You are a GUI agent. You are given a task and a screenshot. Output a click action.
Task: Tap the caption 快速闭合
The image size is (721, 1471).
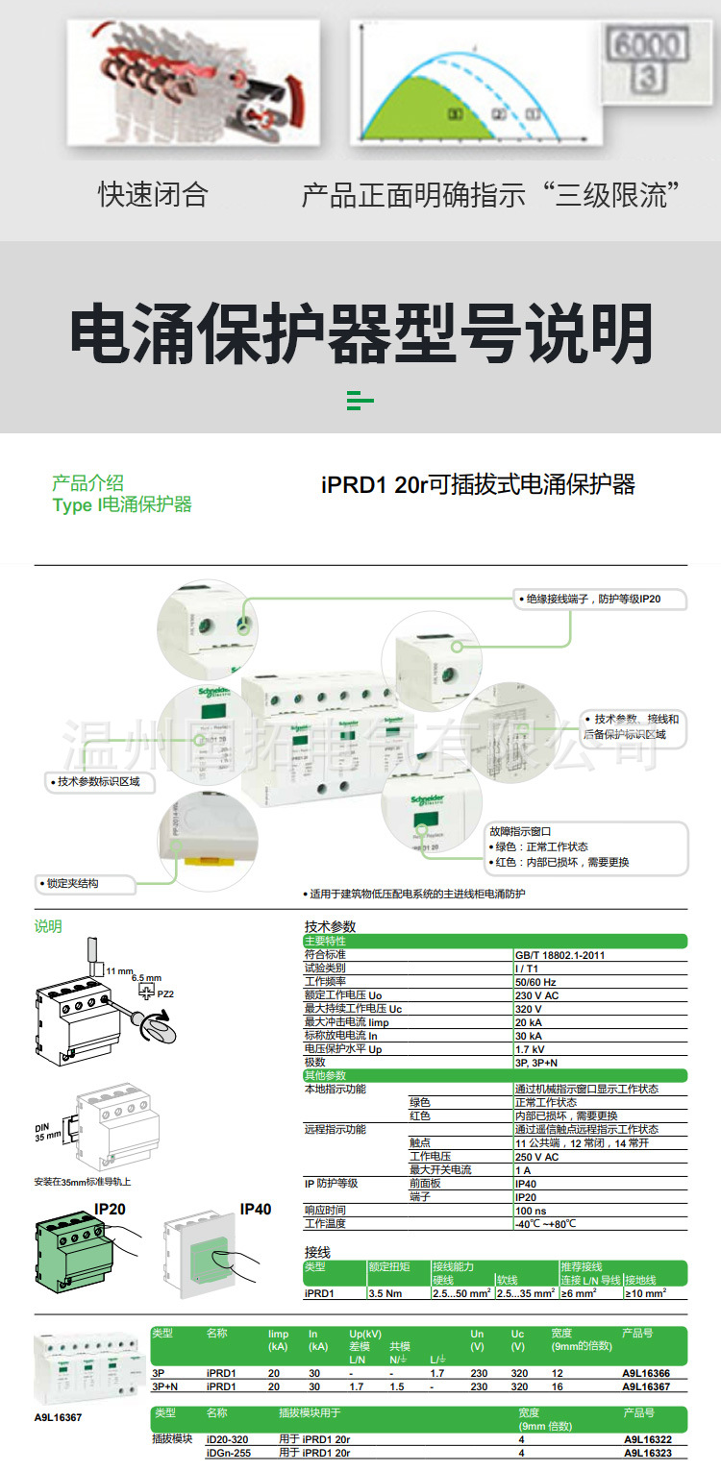coord(153,194)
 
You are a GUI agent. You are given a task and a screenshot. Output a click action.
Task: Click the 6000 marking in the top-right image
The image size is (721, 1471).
coord(648,45)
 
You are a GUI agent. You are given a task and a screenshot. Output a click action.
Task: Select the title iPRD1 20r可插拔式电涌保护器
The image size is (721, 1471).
coord(478,484)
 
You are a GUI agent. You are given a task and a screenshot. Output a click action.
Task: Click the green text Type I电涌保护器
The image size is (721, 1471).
coord(122,504)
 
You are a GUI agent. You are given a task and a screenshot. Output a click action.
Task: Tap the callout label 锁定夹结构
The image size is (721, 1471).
coord(72,883)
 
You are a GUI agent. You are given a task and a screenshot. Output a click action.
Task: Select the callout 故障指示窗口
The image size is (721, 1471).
coord(520,831)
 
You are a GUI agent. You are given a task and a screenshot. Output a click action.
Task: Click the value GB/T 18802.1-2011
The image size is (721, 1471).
coord(560,955)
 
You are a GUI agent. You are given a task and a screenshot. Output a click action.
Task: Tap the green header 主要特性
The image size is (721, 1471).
coord(325,942)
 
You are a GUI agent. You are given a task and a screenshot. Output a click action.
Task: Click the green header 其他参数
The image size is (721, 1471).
coord(325,1075)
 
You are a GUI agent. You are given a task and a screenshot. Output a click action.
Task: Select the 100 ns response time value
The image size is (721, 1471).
coord(532,1210)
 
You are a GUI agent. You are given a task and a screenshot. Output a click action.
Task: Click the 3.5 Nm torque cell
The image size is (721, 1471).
coord(386,1293)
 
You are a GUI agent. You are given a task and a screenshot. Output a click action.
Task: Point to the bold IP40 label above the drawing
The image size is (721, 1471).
coord(255,1209)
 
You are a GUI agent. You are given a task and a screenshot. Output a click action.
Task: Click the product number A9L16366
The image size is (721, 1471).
coord(646,1374)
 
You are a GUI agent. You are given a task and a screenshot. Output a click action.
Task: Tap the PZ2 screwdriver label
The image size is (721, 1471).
coord(165,993)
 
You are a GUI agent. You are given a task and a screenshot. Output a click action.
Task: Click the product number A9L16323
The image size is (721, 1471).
coord(646,1453)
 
